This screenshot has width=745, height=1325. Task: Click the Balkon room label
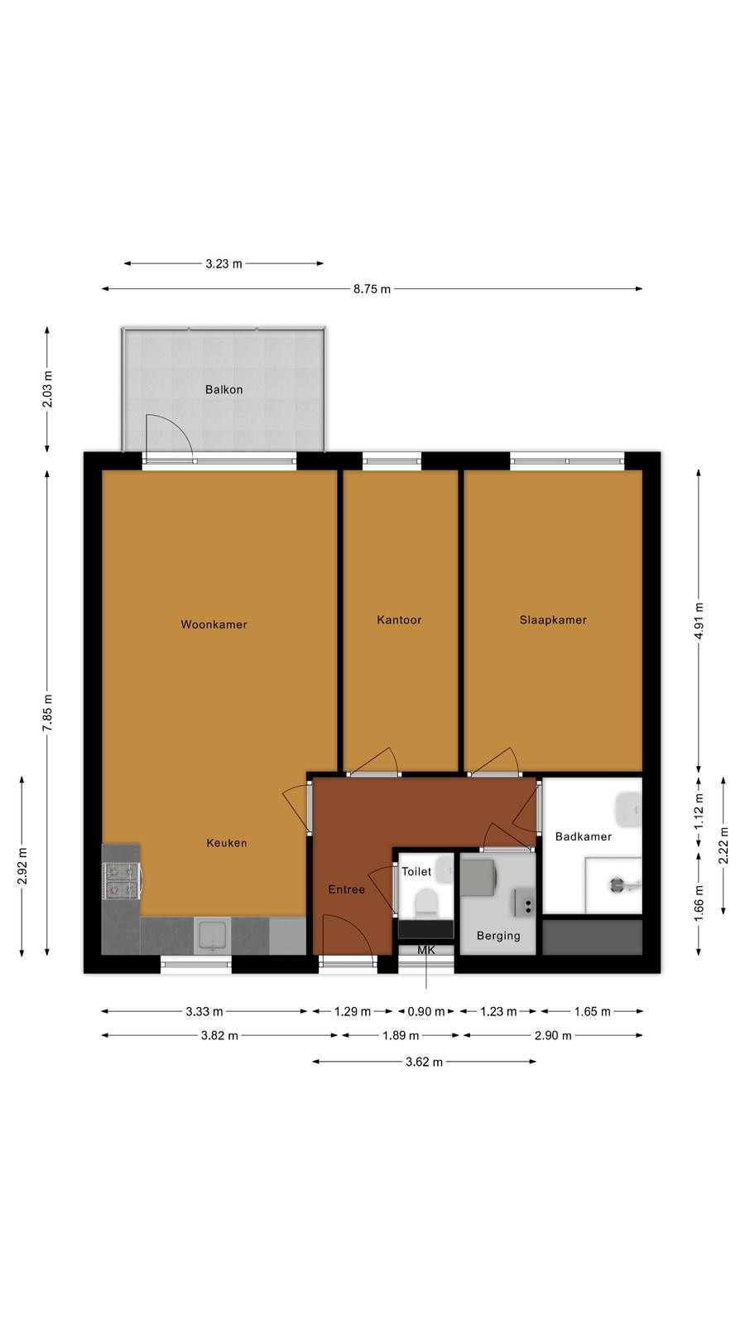[223, 389]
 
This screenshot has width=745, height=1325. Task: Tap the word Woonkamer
[214, 624]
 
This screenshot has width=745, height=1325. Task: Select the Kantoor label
[399, 620]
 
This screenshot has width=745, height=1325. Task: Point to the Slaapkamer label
[553, 620]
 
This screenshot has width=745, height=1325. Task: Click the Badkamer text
[583, 836]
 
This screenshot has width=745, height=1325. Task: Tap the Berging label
[498, 936]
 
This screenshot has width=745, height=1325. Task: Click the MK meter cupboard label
[425, 950]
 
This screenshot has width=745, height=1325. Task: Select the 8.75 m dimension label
[372, 289]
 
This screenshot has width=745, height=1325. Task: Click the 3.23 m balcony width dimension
[223, 264]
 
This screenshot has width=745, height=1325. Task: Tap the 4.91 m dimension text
[699, 620]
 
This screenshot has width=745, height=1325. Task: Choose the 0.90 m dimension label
[426, 1011]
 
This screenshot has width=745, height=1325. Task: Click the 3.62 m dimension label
[424, 1062]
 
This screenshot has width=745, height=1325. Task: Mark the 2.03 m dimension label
[48, 388]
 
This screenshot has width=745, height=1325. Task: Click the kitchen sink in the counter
[212, 935]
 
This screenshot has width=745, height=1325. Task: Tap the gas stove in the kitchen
[121, 881]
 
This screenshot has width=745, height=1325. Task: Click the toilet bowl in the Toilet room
[425, 904]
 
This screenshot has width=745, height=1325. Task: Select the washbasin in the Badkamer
[628, 811]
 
